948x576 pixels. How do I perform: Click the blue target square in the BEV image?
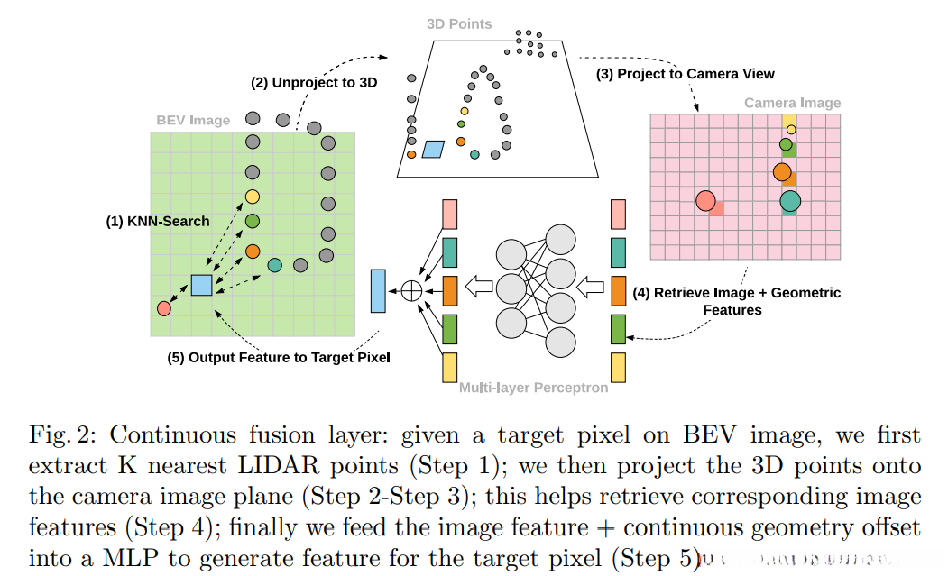tap(201, 285)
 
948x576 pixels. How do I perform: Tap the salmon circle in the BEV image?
tap(163, 308)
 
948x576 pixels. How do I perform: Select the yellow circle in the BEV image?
tap(253, 197)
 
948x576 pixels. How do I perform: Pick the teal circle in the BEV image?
tap(274, 265)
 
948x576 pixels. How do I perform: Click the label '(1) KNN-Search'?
tap(157, 221)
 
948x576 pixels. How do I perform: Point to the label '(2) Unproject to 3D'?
tap(314, 82)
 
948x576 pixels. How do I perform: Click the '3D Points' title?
tap(459, 23)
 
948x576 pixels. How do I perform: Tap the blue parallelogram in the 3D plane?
tap(434, 149)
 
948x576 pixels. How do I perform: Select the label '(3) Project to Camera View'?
tap(685, 73)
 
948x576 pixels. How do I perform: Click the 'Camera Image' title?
tap(792, 103)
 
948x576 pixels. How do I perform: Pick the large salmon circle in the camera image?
tap(705, 201)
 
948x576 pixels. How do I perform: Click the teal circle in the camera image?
tap(790, 201)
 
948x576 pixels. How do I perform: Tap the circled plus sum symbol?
tap(411, 290)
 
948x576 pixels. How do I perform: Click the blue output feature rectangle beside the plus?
tap(378, 290)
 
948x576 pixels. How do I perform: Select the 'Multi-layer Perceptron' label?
tap(534, 389)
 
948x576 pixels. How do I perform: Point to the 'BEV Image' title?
tap(193, 120)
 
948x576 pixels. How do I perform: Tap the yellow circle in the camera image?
tap(791, 130)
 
